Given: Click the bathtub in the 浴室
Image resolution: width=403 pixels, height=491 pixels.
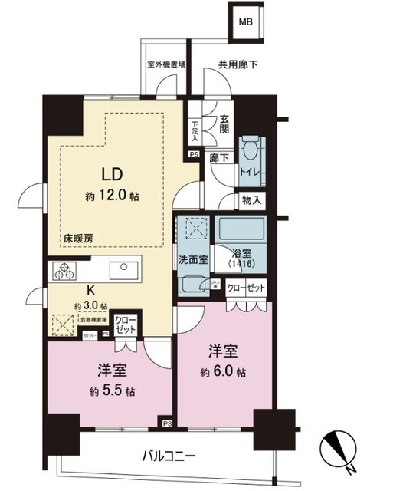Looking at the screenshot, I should pyautogui.click(x=241, y=230).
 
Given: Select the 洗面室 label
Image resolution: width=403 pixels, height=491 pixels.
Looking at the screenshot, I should pyautogui.click(x=192, y=259).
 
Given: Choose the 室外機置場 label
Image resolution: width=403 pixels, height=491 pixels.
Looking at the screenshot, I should pyautogui.click(x=166, y=65).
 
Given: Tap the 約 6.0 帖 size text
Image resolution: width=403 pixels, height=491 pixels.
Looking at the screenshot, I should pyautogui.click(x=224, y=373).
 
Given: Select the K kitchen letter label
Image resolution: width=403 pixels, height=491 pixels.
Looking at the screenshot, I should pyautogui.click(x=90, y=291).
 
